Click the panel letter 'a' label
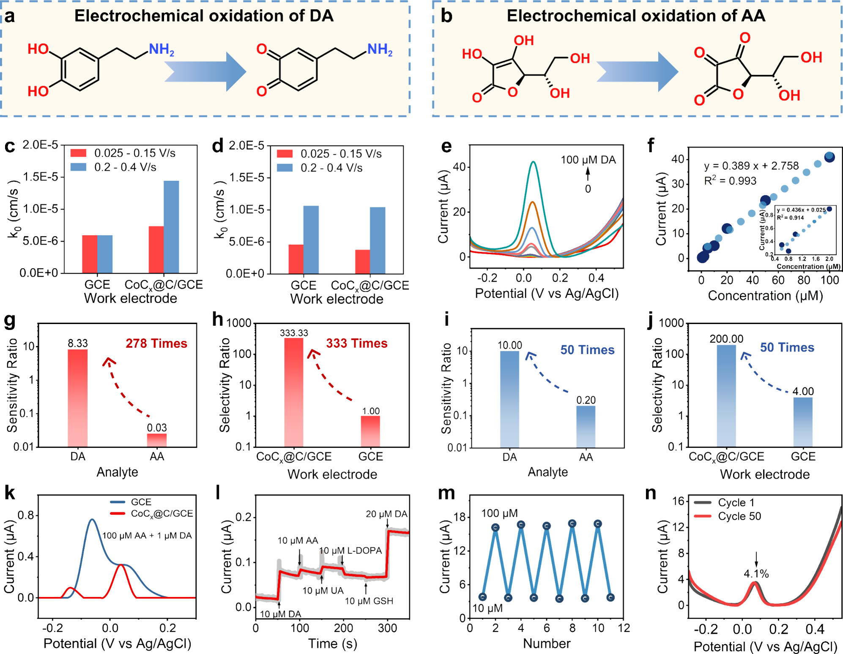coord(10,16)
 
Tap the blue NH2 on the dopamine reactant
coord(161,50)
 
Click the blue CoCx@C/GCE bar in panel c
coord(171,227)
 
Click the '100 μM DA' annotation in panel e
coord(588,160)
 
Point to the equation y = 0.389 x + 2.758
coord(751,166)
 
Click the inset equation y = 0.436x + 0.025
coord(801,210)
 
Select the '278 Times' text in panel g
coord(156,343)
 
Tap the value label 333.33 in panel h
coord(294,333)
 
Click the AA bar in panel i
coord(586,426)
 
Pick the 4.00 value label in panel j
coord(803,391)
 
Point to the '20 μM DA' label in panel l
coord(386,514)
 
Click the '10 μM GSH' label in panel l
coord(369,601)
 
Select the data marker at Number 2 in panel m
coord(495,527)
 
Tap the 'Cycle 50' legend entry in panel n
coord(739,516)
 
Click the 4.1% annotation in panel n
coord(756,574)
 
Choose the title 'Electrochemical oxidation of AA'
coord(636,16)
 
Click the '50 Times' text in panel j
coord(787,347)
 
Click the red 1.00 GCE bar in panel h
coord(370,431)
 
